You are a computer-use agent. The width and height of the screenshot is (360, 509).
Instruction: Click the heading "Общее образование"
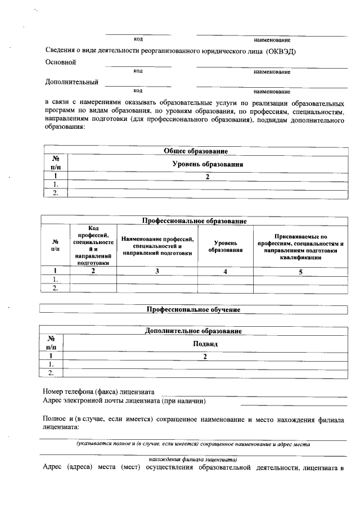(x=195, y=151)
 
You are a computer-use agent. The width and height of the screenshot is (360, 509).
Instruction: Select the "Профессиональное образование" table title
(x=193, y=221)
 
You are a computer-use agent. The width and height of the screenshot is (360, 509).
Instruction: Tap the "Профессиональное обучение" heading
(x=193, y=309)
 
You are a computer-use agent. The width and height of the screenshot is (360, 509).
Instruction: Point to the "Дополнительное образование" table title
(x=193, y=331)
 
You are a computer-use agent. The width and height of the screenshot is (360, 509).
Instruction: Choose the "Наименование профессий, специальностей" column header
(x=157, y=246)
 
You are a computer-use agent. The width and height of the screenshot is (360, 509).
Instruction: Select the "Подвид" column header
(x=205, y=344)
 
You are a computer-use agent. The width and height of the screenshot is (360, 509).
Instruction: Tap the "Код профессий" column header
(x=93, y=245)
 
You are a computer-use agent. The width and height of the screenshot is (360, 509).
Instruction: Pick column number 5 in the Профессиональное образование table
(x=300, y=272)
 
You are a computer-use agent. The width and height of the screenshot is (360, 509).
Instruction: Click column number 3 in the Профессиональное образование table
(x=157, y=272)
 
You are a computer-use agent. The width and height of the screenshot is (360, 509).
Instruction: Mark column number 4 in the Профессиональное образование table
(x=225, y=272)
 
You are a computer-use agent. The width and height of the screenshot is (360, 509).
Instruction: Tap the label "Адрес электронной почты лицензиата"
(x=124, y=401)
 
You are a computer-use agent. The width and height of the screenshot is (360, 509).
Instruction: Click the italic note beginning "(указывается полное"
(x=193, y=444)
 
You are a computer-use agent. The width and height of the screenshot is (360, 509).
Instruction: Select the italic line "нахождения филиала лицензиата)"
(x=193, y=459)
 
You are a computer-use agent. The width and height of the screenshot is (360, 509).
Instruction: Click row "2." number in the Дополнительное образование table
(x=51, y=372)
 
